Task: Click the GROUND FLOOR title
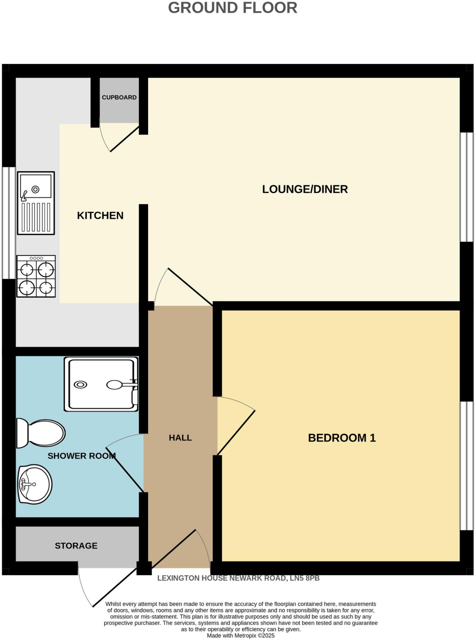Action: [233, 8]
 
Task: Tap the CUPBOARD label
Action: [119, 97]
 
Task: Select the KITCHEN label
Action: [100, 215]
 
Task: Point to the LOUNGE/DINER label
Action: [305, 189]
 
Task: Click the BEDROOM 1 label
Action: [342, 438]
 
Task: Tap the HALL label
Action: [180, 438]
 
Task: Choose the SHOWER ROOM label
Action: [81, 456]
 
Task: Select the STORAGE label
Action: [76, 546]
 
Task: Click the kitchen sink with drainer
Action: [36, 203]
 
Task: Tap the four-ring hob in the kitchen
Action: [36, 276]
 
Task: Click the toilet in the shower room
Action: [41, 433]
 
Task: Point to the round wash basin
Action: [35, 484]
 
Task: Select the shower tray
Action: [101, 384]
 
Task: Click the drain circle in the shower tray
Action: [80, 385]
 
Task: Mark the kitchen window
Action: [9, 222]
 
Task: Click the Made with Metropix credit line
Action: [241, 636]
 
